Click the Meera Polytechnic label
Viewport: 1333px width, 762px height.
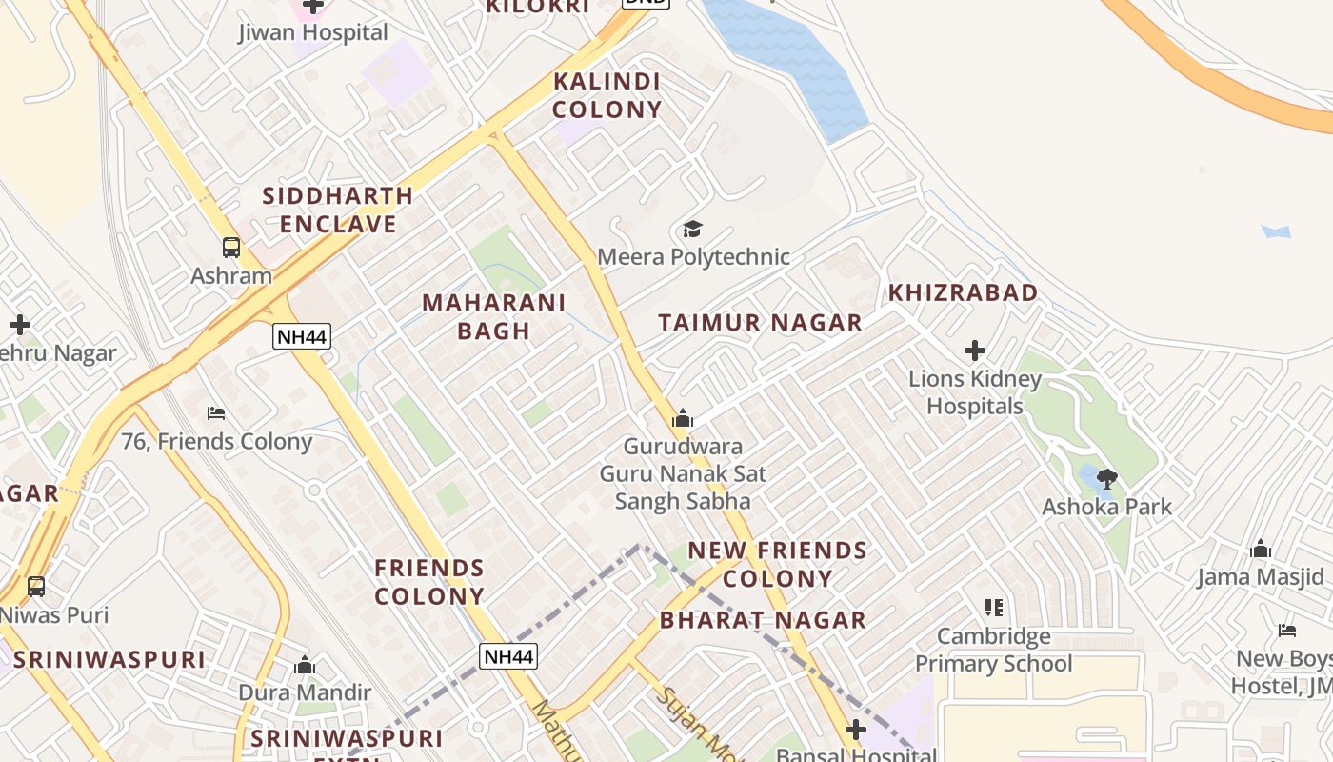coord(693,257)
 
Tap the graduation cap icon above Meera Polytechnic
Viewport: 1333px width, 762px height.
coord(692,230)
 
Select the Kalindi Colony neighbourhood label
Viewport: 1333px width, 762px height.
coord(607,95)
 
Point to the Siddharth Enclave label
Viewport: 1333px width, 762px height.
coord(337,210)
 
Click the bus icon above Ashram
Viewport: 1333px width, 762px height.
coord(231,248)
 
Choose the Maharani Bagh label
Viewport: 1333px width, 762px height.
coord(493,316)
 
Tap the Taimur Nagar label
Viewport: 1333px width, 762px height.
coord(760,323)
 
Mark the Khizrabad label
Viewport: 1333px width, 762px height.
coord(963,292)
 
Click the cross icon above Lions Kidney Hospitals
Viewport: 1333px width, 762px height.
coord(974,351)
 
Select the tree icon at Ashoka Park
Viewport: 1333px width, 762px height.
coord(1106,478)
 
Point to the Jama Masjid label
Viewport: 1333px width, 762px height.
coord(1260,577)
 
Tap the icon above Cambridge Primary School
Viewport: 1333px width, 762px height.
coord(994,608)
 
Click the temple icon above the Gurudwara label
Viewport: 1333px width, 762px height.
coord(682,419)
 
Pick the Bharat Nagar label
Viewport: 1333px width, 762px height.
coord(763,620)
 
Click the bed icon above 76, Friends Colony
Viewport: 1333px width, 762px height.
coord(216,413)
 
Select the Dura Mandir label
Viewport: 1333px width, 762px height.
coord(304,692)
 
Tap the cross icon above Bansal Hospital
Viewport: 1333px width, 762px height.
coord(856,730)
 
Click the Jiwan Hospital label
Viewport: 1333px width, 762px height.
coord(313,32)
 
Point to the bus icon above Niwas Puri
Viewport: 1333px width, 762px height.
coord(35,587)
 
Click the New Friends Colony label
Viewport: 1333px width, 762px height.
coord(777,564)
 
